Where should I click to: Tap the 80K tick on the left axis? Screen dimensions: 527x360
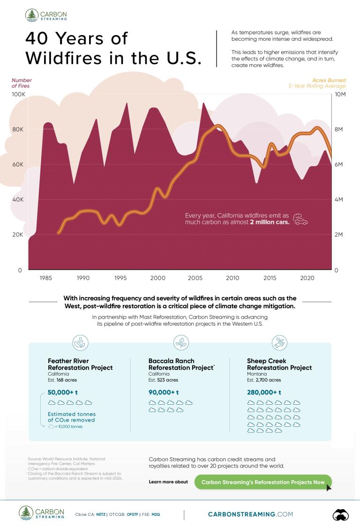pyautogui.click(x=17, y=129)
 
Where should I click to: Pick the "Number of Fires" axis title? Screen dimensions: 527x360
pyautogui.click(x=22, y=83)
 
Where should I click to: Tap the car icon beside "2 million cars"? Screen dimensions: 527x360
pyautogui.click(x=300, y=219)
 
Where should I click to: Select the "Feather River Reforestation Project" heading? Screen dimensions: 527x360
pyautogui.click(x=80, y=364)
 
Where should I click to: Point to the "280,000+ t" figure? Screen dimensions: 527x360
pyautogui.click(x=264, y=392)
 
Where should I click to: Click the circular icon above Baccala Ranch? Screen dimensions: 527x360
pyautogui.click(x=180, y=343)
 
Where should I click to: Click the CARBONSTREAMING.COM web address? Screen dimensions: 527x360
pyautogui.click(x=250, y=514)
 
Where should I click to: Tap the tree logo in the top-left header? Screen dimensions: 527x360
pyautogui.click(x=32, y=15)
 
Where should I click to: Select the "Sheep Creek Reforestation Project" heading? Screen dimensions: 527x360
pyautogui.click(x=279, y=364)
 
